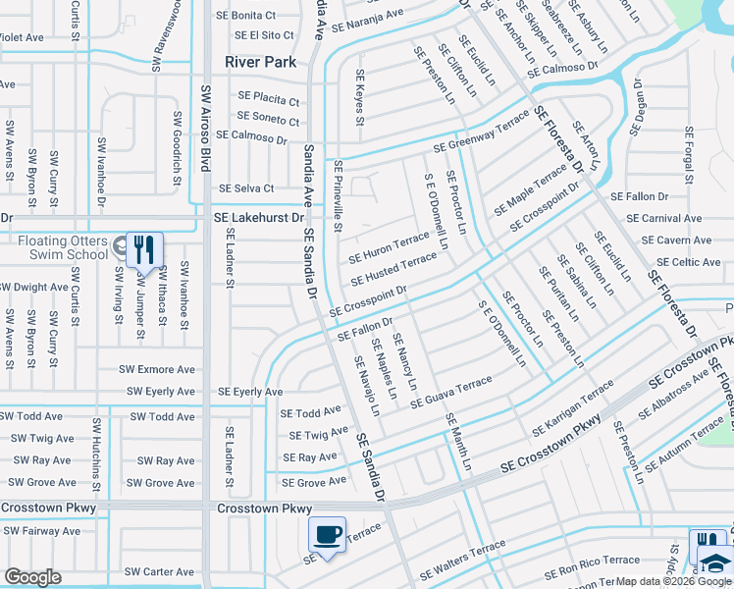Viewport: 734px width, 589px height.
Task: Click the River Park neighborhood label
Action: [x=260, y=61]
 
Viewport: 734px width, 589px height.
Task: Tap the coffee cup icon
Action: [x=327, y=535]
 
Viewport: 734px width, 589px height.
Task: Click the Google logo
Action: [x=32, y=577]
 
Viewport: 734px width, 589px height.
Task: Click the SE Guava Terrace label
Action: [x=450, y=391]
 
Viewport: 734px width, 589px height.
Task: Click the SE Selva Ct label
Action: [x=246, y=188]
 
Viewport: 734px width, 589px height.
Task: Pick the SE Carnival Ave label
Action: [x=667, y=218]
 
